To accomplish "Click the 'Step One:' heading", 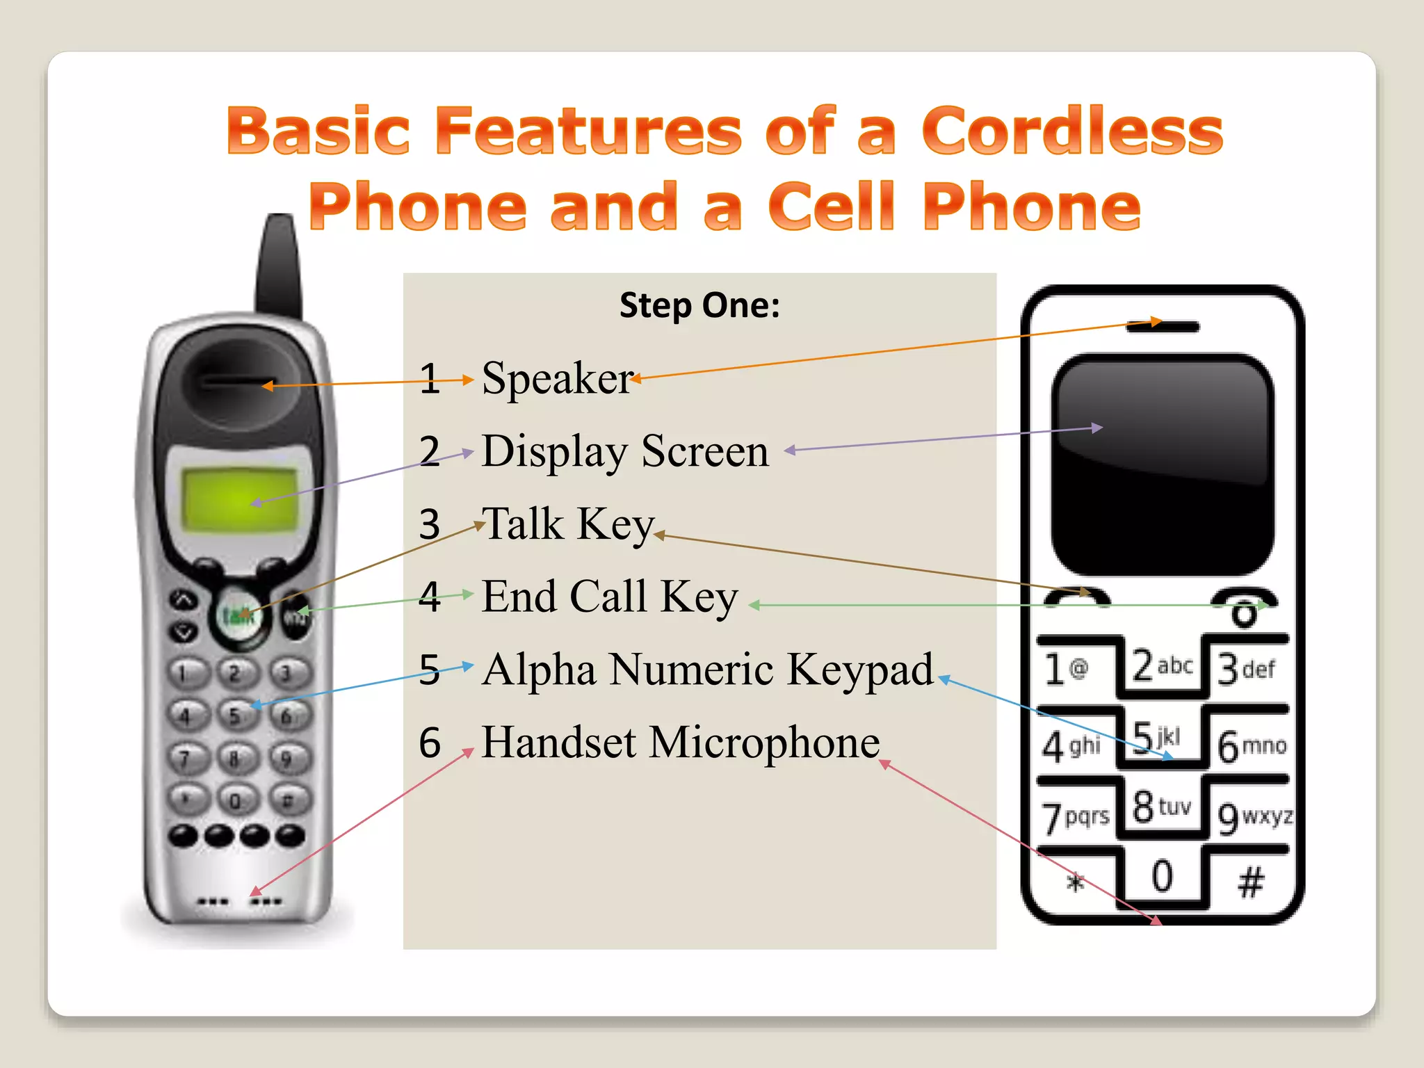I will [699, 305].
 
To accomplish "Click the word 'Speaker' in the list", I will [557, 379].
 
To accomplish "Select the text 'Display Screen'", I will [625, 451].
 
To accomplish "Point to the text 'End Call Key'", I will [609, 597].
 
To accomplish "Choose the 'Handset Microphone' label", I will [681, 742].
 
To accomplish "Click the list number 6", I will [430, 742].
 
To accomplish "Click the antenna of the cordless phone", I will [280, 264].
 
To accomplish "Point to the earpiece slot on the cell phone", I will [1163, 327].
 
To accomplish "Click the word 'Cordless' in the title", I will [1071, 131].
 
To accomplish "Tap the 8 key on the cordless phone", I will [234, 758].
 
